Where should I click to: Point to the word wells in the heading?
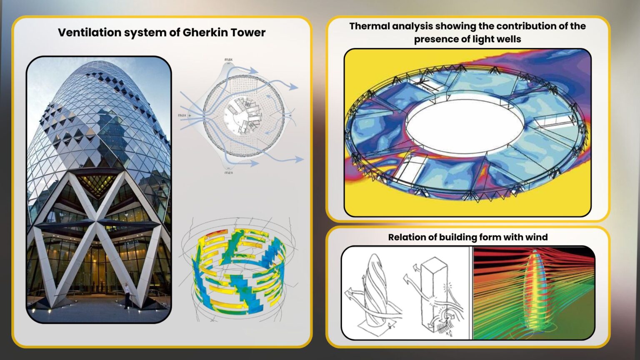tap(507, 39)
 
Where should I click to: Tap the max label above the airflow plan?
tap(228, 60)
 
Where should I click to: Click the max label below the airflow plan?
tap(228, 172)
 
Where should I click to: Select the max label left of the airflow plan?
tap(182, 115)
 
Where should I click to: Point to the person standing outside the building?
tap(126, 295)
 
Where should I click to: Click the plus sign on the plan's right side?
tap(290, 115)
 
